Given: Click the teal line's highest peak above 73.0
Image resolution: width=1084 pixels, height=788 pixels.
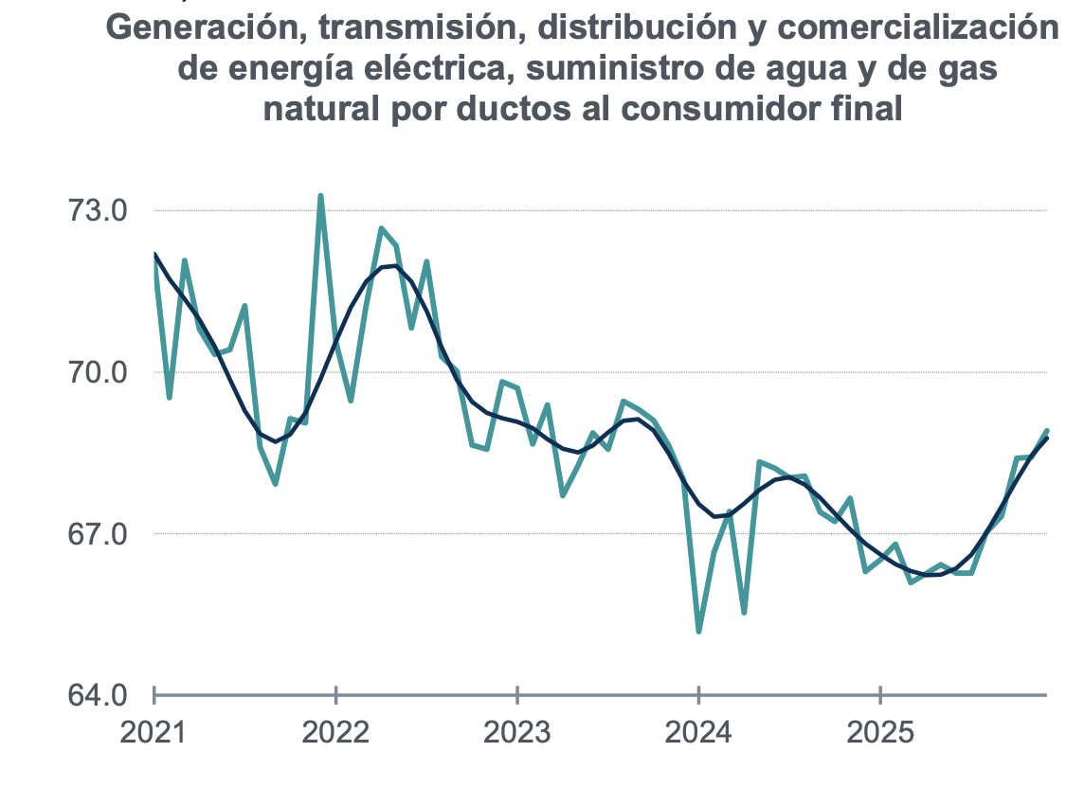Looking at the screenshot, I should click(x=321, y=196).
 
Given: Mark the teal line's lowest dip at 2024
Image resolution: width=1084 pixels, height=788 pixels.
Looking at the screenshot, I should click(x=698, y=631).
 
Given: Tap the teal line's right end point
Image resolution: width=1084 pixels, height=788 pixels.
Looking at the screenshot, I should click(x=1047, y=431).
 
